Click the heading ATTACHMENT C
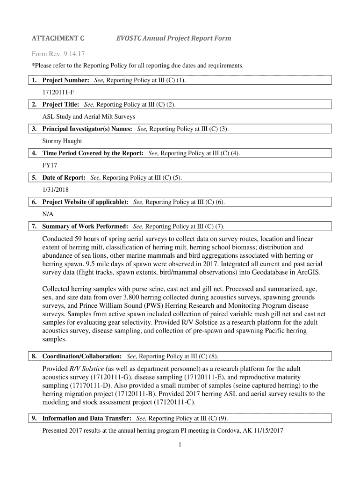[58, 38]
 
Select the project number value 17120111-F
[58, 92]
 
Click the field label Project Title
[61, 104]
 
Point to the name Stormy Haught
[62, 141]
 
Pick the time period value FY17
[50, 165]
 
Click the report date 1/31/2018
[58, 189]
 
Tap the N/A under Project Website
[48, 214]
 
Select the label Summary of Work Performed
[85, 226]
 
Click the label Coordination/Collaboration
[82, 356]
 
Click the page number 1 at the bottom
[180, 445]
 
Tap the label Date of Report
[64, 177]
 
